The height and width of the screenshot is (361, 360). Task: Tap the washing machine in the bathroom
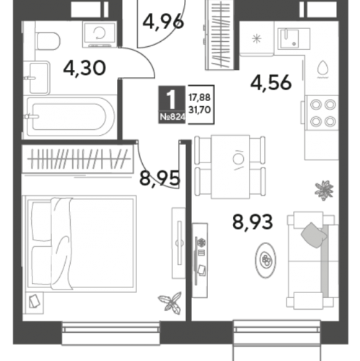(x=100, y=35)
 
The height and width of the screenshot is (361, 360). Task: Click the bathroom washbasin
(x=38, y=77)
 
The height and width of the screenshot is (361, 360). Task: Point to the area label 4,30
(x=84, y=68)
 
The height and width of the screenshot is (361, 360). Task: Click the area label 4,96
(x=163, y=22)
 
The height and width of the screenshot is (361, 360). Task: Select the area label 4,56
(x=271, y=82)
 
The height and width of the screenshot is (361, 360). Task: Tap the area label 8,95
(x=159, y=178)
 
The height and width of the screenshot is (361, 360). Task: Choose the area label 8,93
(x=253, y=222)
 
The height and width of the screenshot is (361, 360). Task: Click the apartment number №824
(x=172, y=117)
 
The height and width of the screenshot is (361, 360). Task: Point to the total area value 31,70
(x=200, y=110)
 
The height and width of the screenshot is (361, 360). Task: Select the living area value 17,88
(x=200, y=97)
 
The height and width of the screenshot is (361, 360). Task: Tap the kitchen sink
(x=294, y=39)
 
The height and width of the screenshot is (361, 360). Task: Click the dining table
(x=230, y=167)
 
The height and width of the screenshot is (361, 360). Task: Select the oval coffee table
(x=265, y=260)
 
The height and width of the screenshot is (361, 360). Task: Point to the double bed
(x=80, y=243)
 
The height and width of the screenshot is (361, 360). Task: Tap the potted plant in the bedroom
(x=170, y=302)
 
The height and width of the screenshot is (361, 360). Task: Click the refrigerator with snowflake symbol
(x=257, y=38)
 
